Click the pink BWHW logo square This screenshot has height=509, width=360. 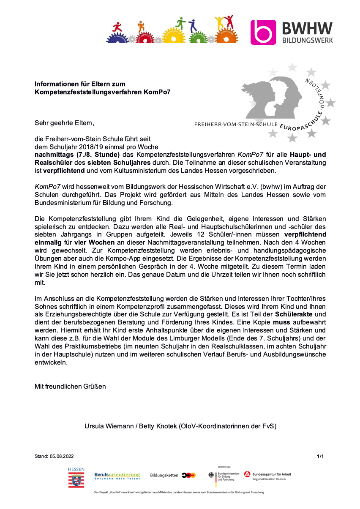263,32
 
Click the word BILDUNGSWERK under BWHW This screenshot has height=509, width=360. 307,40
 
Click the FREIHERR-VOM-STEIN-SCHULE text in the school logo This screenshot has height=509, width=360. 236,125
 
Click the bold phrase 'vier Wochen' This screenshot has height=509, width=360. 94,242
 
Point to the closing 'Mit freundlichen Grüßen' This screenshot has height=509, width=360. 70,386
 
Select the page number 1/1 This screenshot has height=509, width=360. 320,456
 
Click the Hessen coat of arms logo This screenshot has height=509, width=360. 76,479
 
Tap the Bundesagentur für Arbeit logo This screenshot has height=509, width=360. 267,476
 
